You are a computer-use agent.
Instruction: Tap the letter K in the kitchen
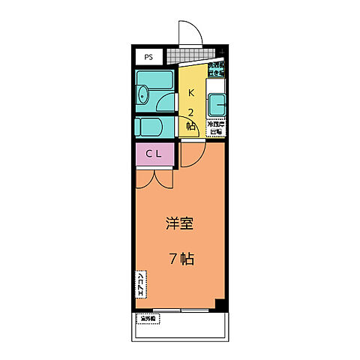tap(190, 93)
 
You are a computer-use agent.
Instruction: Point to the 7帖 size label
tap(181, 259)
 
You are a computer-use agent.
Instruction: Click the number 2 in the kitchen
tap(190, 112)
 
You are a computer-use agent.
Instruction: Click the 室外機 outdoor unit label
tap(147, 319)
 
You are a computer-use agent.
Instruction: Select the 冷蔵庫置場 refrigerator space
tap(215, 127)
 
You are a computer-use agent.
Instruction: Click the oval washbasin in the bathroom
tap(143, 94)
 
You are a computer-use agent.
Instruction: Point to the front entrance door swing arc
tap(190, 31)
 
